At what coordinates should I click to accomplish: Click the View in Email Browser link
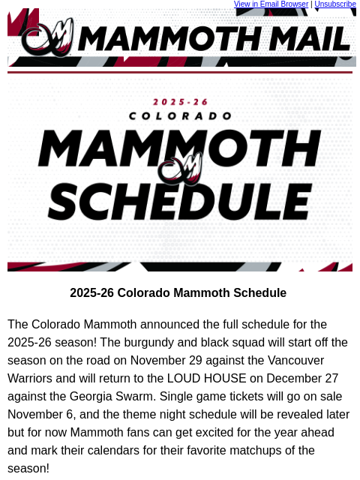(x=271, y=4)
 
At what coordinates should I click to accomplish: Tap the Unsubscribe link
(x=335, y=4)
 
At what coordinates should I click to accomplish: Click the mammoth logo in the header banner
(x=47, y=37)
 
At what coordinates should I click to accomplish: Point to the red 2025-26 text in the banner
(x=180, y=101)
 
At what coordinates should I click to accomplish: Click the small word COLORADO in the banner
(x=180, y=116)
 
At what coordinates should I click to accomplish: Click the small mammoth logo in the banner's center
(x=181, y=169)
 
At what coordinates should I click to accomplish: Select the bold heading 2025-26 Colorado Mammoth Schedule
(x=178, y=293)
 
